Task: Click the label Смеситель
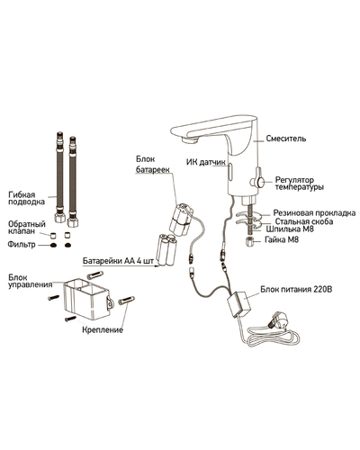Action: [286, 139]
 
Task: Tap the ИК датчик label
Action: [206, 162]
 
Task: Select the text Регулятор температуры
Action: [300, 184]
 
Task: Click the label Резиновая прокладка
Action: [314, 213]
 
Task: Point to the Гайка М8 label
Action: [282, 239]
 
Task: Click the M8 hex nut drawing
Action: [250, 241]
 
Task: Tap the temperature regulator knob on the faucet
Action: [258, 181]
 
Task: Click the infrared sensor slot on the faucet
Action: [231, 170]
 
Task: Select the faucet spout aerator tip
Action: [190, 139]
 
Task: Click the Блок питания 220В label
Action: [296, 290]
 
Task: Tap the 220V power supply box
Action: [239, 304]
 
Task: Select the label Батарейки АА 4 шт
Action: [118, 261]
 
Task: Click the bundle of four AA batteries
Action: [166, 249]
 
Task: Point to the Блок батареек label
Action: [153, 164]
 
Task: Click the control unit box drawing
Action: [86, 300]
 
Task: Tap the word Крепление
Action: [103, 329]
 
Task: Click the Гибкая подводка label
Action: [26, 198]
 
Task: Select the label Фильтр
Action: [22, 245]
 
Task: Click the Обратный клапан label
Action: [27, 228]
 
